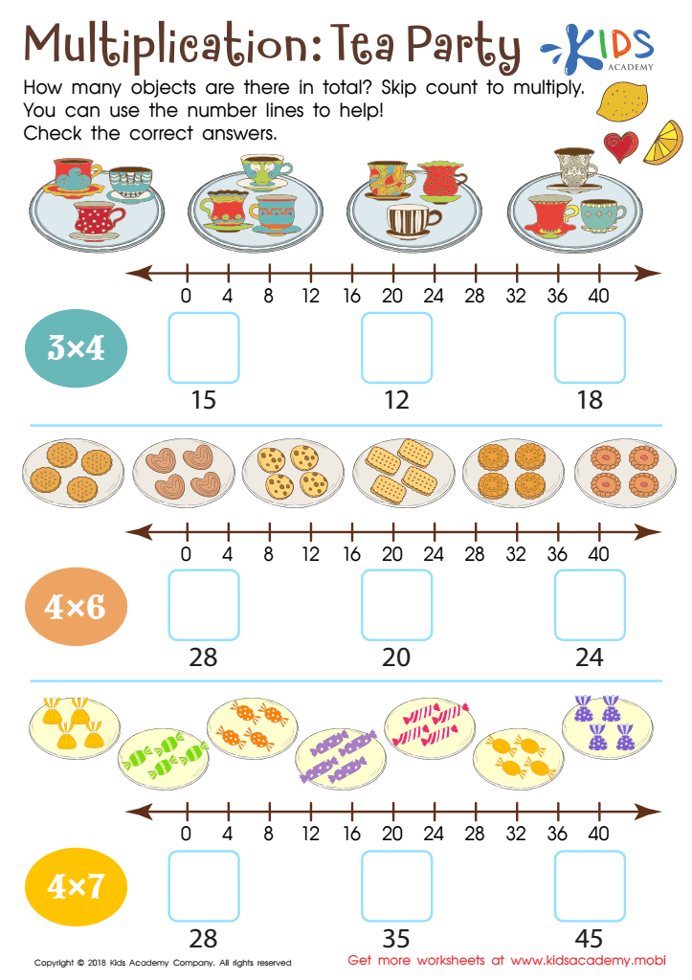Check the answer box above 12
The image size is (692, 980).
click(x=396, y=347)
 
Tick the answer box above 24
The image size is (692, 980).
click(x=590, y=605)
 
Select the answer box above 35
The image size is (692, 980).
click(x=396, y=885)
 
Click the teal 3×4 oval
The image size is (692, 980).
click(x=76, y=348)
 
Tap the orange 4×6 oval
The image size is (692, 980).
click(x=76, y=606)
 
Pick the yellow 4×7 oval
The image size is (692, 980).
click(x=76, y=886)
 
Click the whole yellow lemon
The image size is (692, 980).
click(x=621, y=101)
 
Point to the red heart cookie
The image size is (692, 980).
click(x=621, y=146)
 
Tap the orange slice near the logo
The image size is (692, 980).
click(x=664, y=143)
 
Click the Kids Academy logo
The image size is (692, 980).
click(x=598, y=48)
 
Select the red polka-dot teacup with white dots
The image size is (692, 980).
click(x=98, y=221)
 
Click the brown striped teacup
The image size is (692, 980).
click(x=411, y=221)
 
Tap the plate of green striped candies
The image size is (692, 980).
click(x=164, y=758)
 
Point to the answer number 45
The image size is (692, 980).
click(x=589, y=939)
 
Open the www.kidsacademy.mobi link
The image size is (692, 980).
click(x=589, y=960)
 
